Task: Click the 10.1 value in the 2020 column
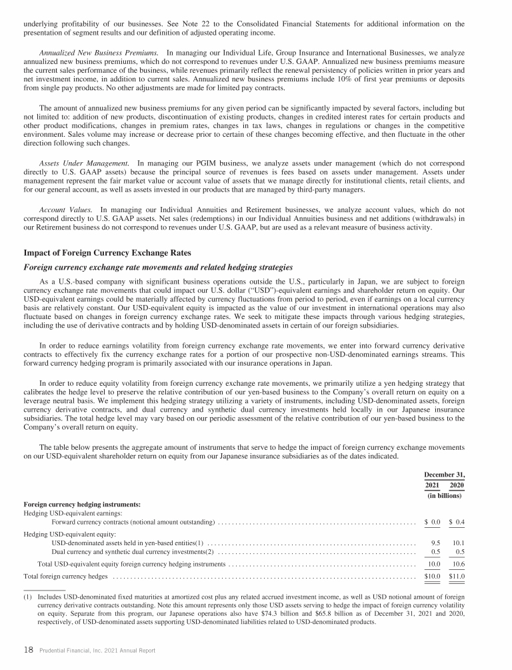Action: click(458, 543)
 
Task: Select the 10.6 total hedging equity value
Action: click(458, 565)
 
